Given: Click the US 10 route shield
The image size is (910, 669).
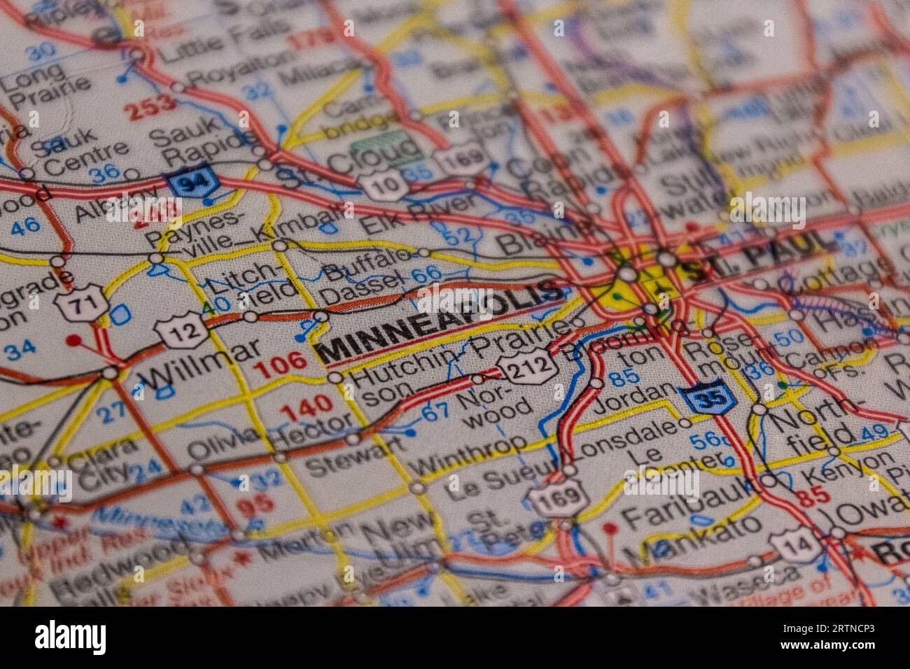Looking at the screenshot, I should [384, 183].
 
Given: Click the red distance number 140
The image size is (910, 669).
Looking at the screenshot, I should [305, 404].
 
